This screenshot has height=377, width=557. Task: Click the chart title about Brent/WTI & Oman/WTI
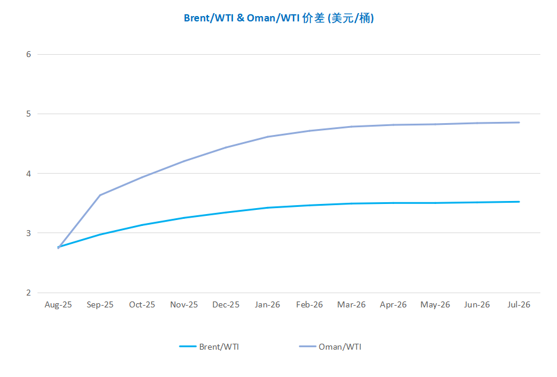pos(278,18)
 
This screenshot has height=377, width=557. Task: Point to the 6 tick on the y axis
pos(28,54)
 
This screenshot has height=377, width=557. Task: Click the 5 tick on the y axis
pos(28,114)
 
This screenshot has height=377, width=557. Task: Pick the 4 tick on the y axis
pos(28,174)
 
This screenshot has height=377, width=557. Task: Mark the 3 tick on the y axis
pos(28,233)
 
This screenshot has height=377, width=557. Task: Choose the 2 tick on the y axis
pos(28,293)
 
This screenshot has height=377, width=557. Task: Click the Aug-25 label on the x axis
pos(58,304)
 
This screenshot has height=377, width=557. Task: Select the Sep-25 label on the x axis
pos(100,304)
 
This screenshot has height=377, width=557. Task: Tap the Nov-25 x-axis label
pos(184,304)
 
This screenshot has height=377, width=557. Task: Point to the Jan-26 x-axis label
pos(268,304)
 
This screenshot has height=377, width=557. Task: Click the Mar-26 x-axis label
pos(351,304)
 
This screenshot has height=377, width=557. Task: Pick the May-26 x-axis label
pos(435,304)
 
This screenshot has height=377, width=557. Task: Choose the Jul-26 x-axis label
pos(518,304)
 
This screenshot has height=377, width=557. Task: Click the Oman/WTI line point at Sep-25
pos(100,195)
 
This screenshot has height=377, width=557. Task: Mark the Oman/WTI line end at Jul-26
pos(519,122)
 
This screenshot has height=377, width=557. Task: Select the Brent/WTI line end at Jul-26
pos(519,202)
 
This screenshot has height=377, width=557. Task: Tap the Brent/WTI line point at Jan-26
pos(268,208)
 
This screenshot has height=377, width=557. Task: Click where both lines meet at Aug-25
pos(58,247)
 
